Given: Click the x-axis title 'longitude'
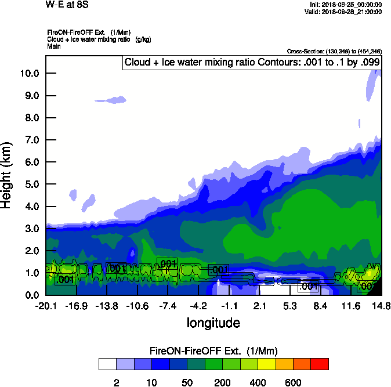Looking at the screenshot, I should pos(213,323).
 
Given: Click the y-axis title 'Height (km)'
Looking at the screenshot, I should pos(8,175).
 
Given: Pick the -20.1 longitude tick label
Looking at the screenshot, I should pos(46,306).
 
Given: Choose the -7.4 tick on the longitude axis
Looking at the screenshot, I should pos(168,306).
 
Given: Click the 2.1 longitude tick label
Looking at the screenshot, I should pos(259,306).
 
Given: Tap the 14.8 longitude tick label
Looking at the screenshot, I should pos(381,306).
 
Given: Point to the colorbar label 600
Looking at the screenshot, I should pos(293,382).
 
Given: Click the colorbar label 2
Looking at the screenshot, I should pos(116,382).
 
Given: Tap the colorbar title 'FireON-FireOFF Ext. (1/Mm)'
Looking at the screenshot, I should pos(213,351).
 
